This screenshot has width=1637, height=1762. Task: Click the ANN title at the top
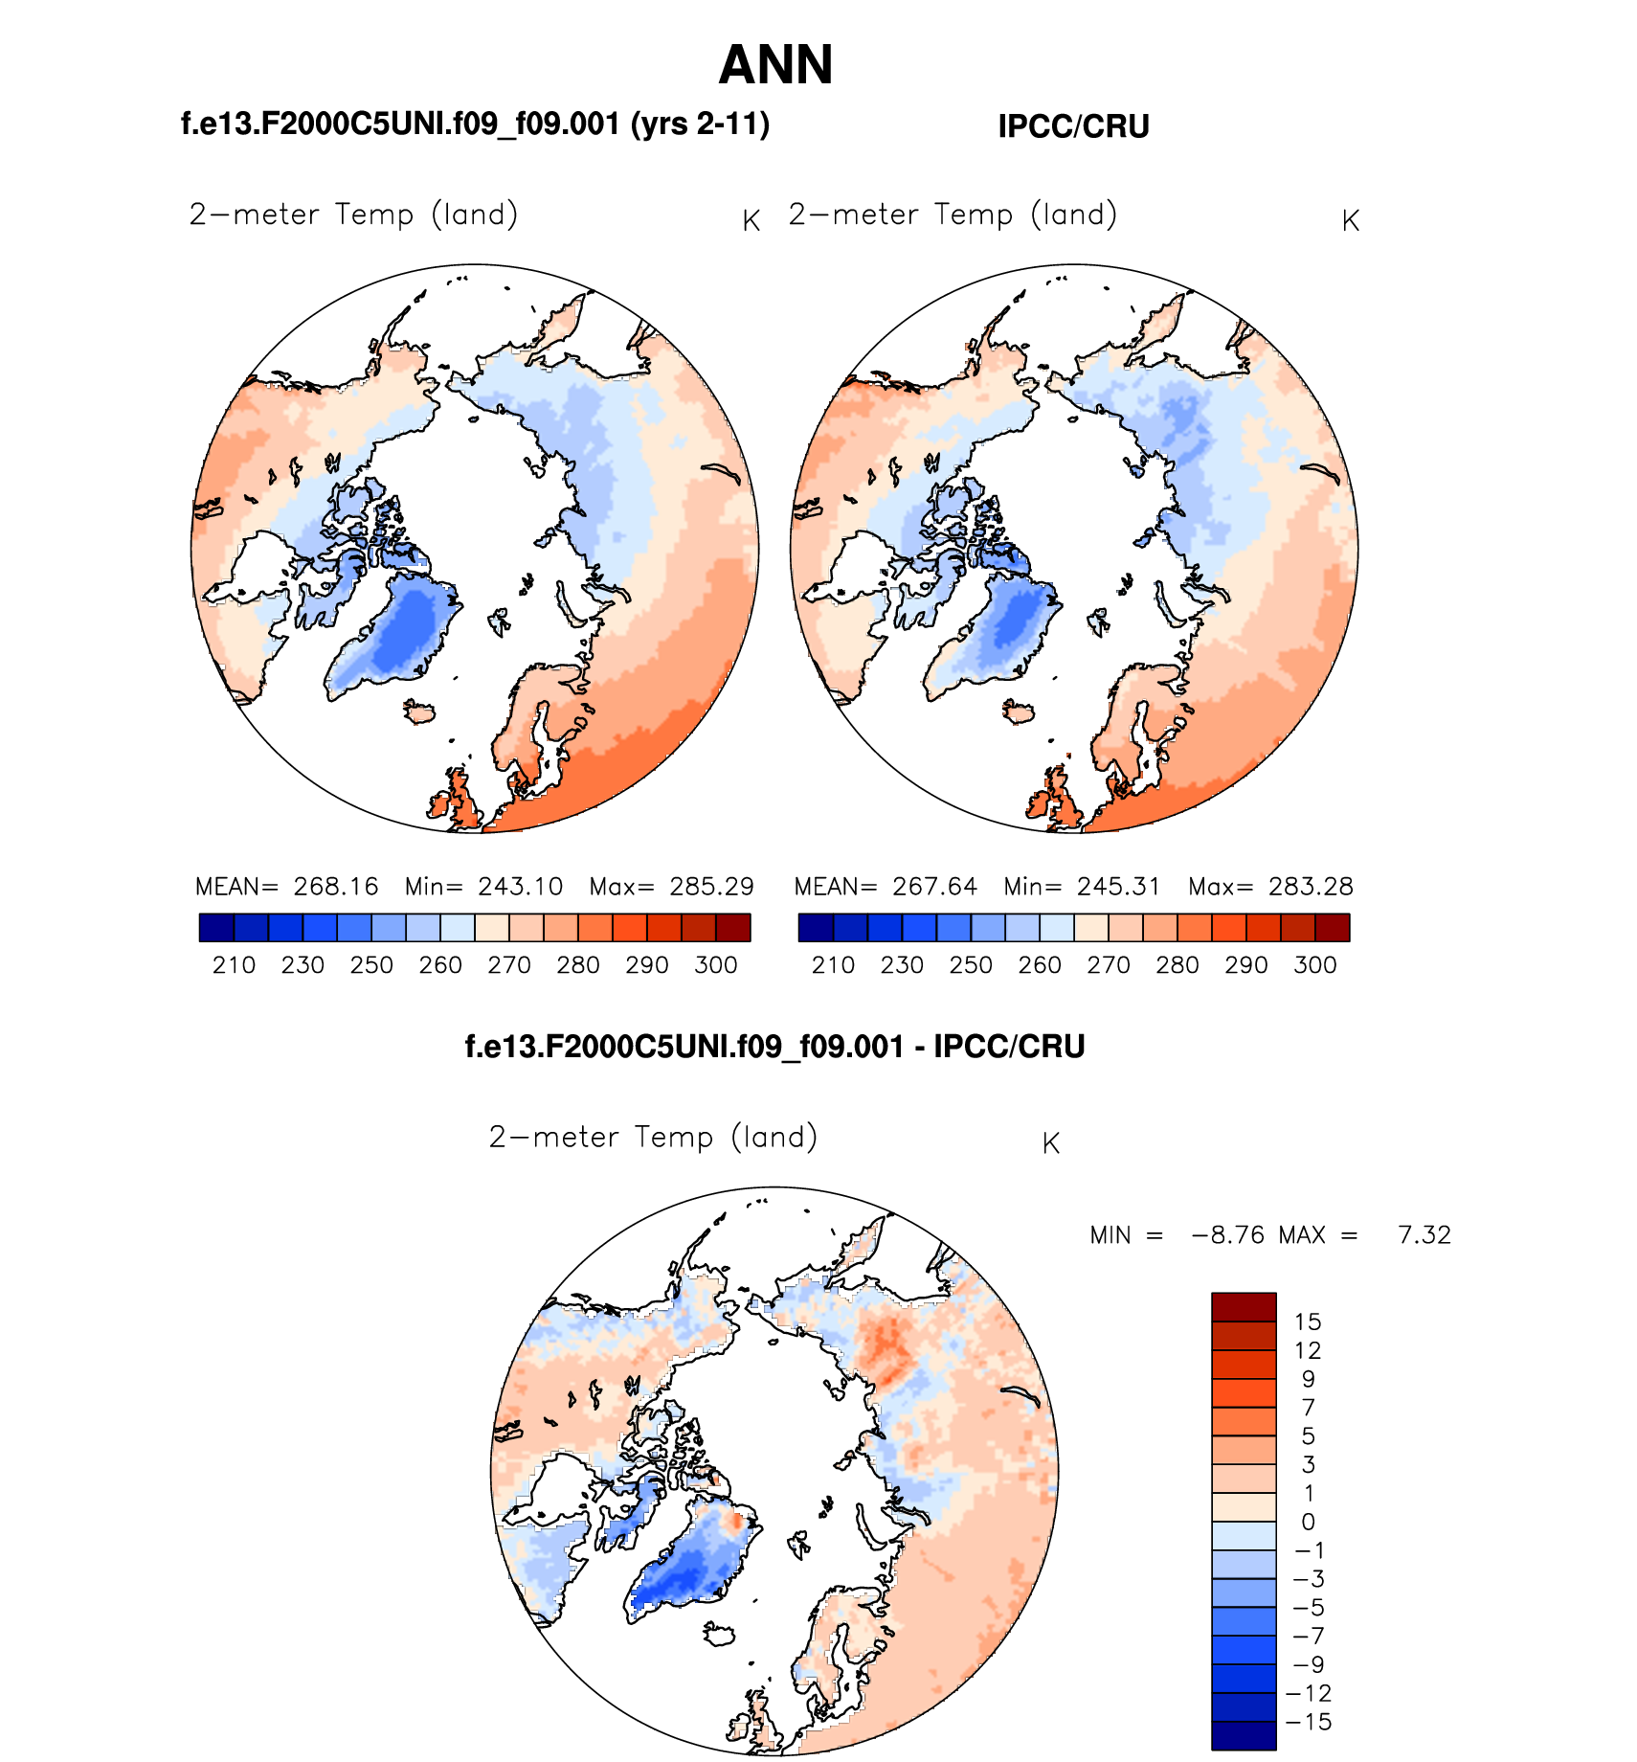[775, 65]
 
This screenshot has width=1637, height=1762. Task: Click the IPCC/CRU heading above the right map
[1073, 126]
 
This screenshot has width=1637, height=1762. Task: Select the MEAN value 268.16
[336, 886]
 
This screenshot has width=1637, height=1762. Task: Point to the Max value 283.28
[1311, 886]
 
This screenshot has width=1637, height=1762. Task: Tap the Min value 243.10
[521, 886]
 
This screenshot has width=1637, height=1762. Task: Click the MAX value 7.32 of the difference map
[1424, 1234]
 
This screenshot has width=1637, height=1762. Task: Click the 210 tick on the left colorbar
[234, 964]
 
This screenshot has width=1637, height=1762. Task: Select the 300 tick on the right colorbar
[1314, 964]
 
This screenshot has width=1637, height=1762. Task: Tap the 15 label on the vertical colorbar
[1308, 1321]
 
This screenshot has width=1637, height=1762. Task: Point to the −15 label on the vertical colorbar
[1309, 1722]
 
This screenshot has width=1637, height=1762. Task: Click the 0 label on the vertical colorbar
[1308, 1522]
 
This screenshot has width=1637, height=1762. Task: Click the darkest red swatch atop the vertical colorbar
[1244, 1307]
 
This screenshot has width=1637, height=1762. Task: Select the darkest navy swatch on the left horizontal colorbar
[216, 927]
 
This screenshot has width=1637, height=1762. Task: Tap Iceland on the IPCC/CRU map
[1019, 712]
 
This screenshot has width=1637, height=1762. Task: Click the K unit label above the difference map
[1050, 1143]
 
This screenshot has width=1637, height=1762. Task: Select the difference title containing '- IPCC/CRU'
[774, 1046]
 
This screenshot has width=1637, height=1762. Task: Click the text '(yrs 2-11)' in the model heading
[700, 124]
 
